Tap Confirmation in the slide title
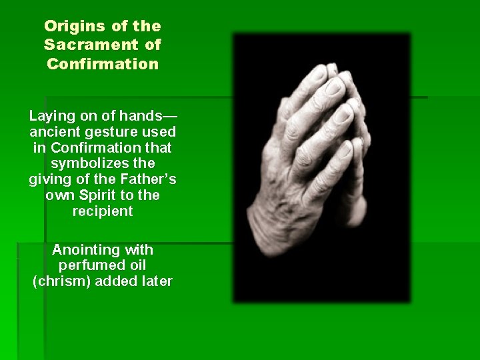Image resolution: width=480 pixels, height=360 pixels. pos(103,65)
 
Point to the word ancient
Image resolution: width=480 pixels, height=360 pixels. pos(54,131)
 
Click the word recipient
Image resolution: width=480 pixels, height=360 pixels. pos(103,211)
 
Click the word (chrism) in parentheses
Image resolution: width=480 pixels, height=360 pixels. pos(61,281)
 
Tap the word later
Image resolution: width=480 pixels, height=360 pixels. pos(156,281)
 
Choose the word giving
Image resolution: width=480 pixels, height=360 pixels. pos(49,179)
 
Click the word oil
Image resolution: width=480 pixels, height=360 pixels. pos(133,265)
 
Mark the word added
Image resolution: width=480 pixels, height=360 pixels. pos(116,281)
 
